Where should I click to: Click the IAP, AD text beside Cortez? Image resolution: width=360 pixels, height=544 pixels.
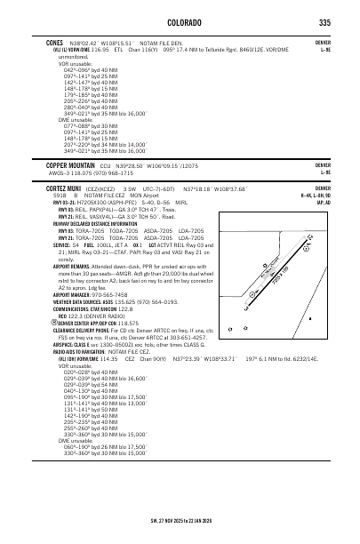point(322,203)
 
